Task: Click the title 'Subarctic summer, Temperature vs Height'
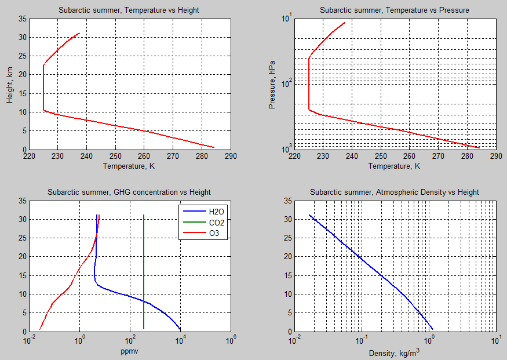129,10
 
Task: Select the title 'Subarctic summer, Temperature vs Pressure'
395,10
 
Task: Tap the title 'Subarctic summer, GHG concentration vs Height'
129,192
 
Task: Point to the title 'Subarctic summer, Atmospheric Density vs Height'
395,192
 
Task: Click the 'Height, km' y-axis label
9,85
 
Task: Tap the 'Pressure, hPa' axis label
273,85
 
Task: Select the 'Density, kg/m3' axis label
395,351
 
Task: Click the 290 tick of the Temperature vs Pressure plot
496,157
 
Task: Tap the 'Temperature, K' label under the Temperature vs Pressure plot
395,166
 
